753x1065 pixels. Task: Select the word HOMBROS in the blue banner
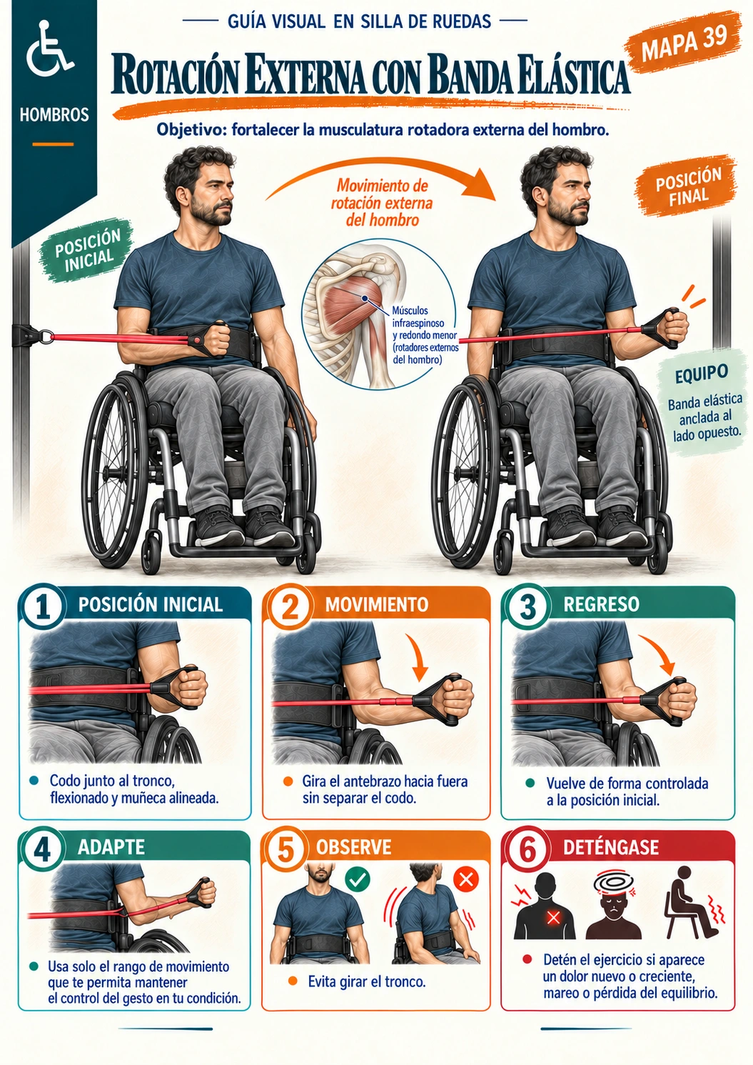(54, 114)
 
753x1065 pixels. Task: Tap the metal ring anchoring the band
(46, 336)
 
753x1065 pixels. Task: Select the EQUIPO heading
(701, 374)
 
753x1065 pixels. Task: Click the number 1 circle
(42, 607)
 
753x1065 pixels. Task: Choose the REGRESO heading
(601, 604)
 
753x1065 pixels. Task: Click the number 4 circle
(42, 849)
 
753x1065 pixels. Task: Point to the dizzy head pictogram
(614, 906)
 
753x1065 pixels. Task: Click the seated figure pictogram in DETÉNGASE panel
(694, 902)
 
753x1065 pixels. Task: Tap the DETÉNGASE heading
(610, 847)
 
